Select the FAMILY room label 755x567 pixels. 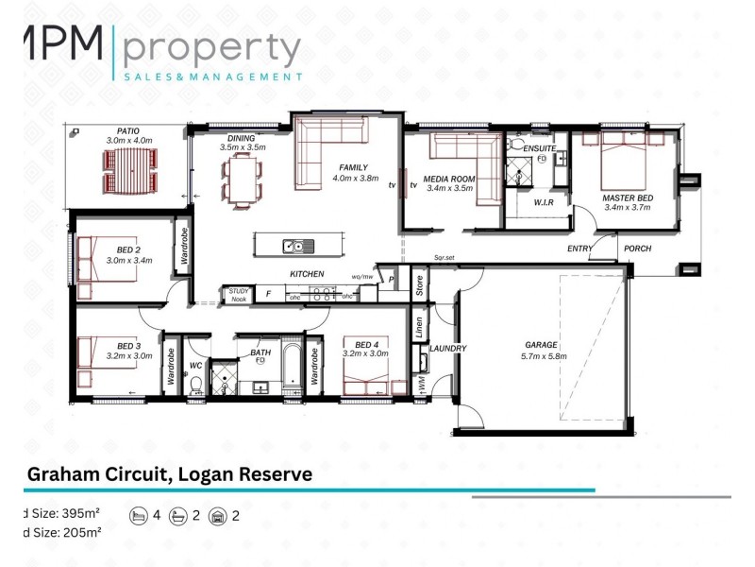353,166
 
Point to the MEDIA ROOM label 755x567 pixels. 449,179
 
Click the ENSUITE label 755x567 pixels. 540,147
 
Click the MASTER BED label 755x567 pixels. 625,198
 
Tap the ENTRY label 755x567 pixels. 579,249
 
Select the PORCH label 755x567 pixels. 637,249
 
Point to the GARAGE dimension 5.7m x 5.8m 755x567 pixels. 542,356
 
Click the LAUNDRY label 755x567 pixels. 447,348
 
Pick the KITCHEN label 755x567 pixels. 307,274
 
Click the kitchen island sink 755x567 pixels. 293,247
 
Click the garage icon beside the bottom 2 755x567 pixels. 218,517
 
